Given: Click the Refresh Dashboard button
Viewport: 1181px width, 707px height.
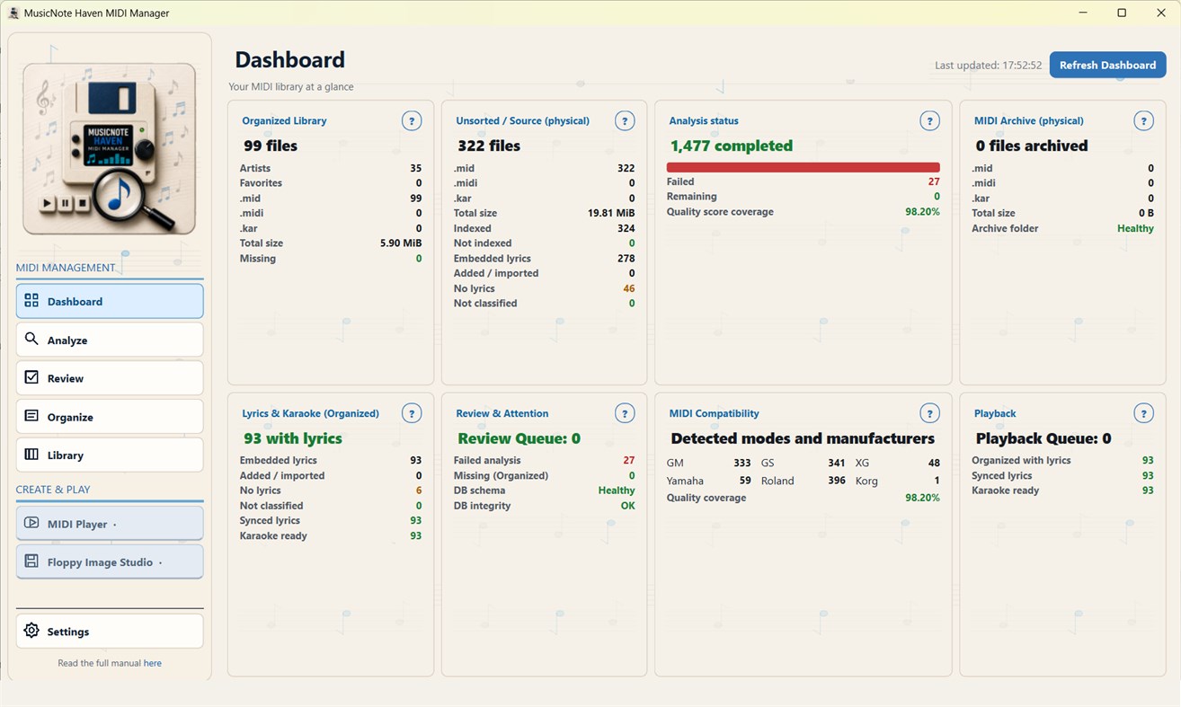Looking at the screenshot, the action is [1107, 65].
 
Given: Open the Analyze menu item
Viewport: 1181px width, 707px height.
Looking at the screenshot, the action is [110, 340].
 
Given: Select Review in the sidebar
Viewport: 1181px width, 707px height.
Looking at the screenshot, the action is [110, 377].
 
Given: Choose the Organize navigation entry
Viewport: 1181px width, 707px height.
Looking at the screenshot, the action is [110, 416].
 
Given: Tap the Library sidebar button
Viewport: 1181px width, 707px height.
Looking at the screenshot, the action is [110, 455].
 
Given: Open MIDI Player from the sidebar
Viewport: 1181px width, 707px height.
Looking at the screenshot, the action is [110, 523].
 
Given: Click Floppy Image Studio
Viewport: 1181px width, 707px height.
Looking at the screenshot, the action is [110, 561].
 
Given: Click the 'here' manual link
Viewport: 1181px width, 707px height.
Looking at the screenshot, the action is [153, 663].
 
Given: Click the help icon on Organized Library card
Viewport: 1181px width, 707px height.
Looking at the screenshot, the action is [412, 120].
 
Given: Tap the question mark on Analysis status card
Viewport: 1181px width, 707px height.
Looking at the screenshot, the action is [929, 120].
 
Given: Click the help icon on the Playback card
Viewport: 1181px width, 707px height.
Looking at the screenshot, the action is [1143, 413].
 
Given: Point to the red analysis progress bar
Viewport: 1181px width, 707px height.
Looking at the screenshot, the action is [803, 167].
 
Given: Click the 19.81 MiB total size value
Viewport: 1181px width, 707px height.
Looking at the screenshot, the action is [611, 213].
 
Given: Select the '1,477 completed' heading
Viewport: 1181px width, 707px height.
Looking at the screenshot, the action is [732, 146].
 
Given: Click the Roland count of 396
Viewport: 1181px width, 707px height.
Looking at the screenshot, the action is [836, 480].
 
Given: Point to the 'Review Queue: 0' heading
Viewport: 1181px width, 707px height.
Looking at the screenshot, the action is [519, 438].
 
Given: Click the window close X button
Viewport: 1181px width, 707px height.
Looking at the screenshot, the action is [1161, 13].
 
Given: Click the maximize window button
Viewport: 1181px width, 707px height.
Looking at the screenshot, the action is [1122, 13].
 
